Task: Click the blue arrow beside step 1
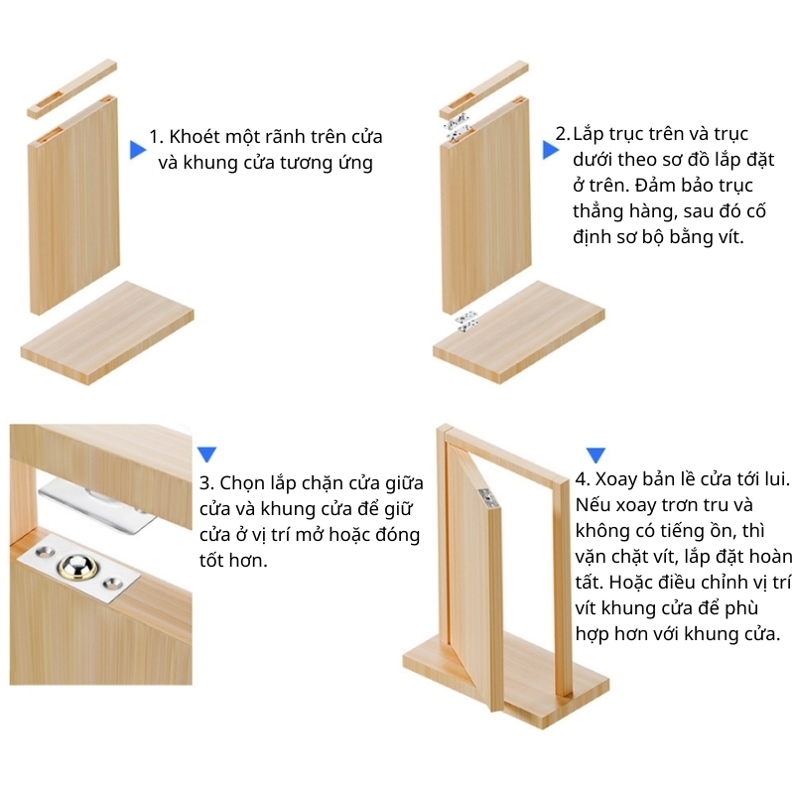pos(137,150)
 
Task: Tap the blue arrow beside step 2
pos(551,150)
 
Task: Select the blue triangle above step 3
pos(206,454)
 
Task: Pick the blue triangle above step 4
pos(595,455)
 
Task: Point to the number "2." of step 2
pos(563,134)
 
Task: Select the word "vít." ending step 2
pos(730,236)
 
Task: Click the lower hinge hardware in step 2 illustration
pos(466,322)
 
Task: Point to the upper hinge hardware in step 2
pos(458,127)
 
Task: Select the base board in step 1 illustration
pos(107,332)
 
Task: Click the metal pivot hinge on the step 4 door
pos(488,498)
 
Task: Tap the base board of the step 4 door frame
pos(506,679)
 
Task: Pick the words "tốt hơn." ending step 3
pos(233,561)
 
